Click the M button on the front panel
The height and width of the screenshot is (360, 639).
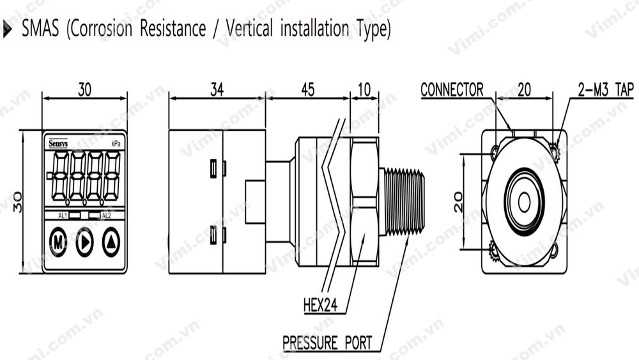pos(58,242)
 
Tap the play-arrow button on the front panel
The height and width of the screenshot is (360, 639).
pos(84,242)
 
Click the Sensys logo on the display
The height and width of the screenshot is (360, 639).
pos(59,144)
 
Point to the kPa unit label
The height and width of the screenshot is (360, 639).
pos(116,144)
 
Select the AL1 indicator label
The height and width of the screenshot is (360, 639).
pos(63,216)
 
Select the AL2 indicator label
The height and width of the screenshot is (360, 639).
pos(106,216)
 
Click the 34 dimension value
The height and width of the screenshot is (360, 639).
pos(217,90)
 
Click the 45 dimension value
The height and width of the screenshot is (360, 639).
pos(307,90)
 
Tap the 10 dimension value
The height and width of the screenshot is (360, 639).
pos(364,90)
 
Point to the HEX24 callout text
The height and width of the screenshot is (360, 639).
pos(320,306)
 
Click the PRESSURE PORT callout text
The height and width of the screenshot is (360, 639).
pos(327,343)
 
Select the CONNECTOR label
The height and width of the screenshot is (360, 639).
pos(452,90)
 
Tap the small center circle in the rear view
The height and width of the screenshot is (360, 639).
pos(524,202)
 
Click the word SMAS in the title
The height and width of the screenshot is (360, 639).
pos(42,29)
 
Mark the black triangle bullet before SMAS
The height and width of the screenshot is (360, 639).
pos(8,29)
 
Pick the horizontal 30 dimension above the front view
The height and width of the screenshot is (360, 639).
pos(84,90)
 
